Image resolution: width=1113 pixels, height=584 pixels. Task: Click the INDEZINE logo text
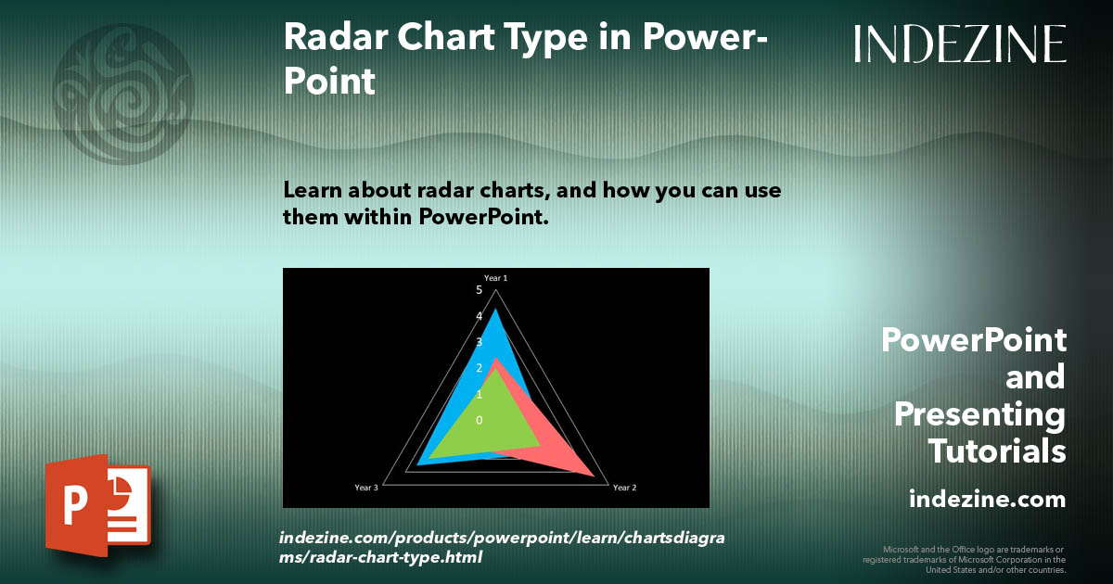960,44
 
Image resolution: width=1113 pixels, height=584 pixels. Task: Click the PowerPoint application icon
97,505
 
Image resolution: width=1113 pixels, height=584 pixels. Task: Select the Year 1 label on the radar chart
495,277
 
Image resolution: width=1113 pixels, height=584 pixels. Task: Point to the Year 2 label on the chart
624,488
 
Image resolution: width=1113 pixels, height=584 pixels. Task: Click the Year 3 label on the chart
366,488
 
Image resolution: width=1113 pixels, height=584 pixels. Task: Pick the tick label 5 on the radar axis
480,290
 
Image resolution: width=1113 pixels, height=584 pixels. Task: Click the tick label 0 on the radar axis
480,421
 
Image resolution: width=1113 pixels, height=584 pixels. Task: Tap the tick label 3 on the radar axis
480,342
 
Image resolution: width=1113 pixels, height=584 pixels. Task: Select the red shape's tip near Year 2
593,476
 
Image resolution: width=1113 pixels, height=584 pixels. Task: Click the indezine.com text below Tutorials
987,500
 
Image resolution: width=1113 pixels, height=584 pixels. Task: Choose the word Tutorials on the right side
997,451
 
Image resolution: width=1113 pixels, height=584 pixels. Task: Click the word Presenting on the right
979,414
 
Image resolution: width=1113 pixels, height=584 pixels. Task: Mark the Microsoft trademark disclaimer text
965,560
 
